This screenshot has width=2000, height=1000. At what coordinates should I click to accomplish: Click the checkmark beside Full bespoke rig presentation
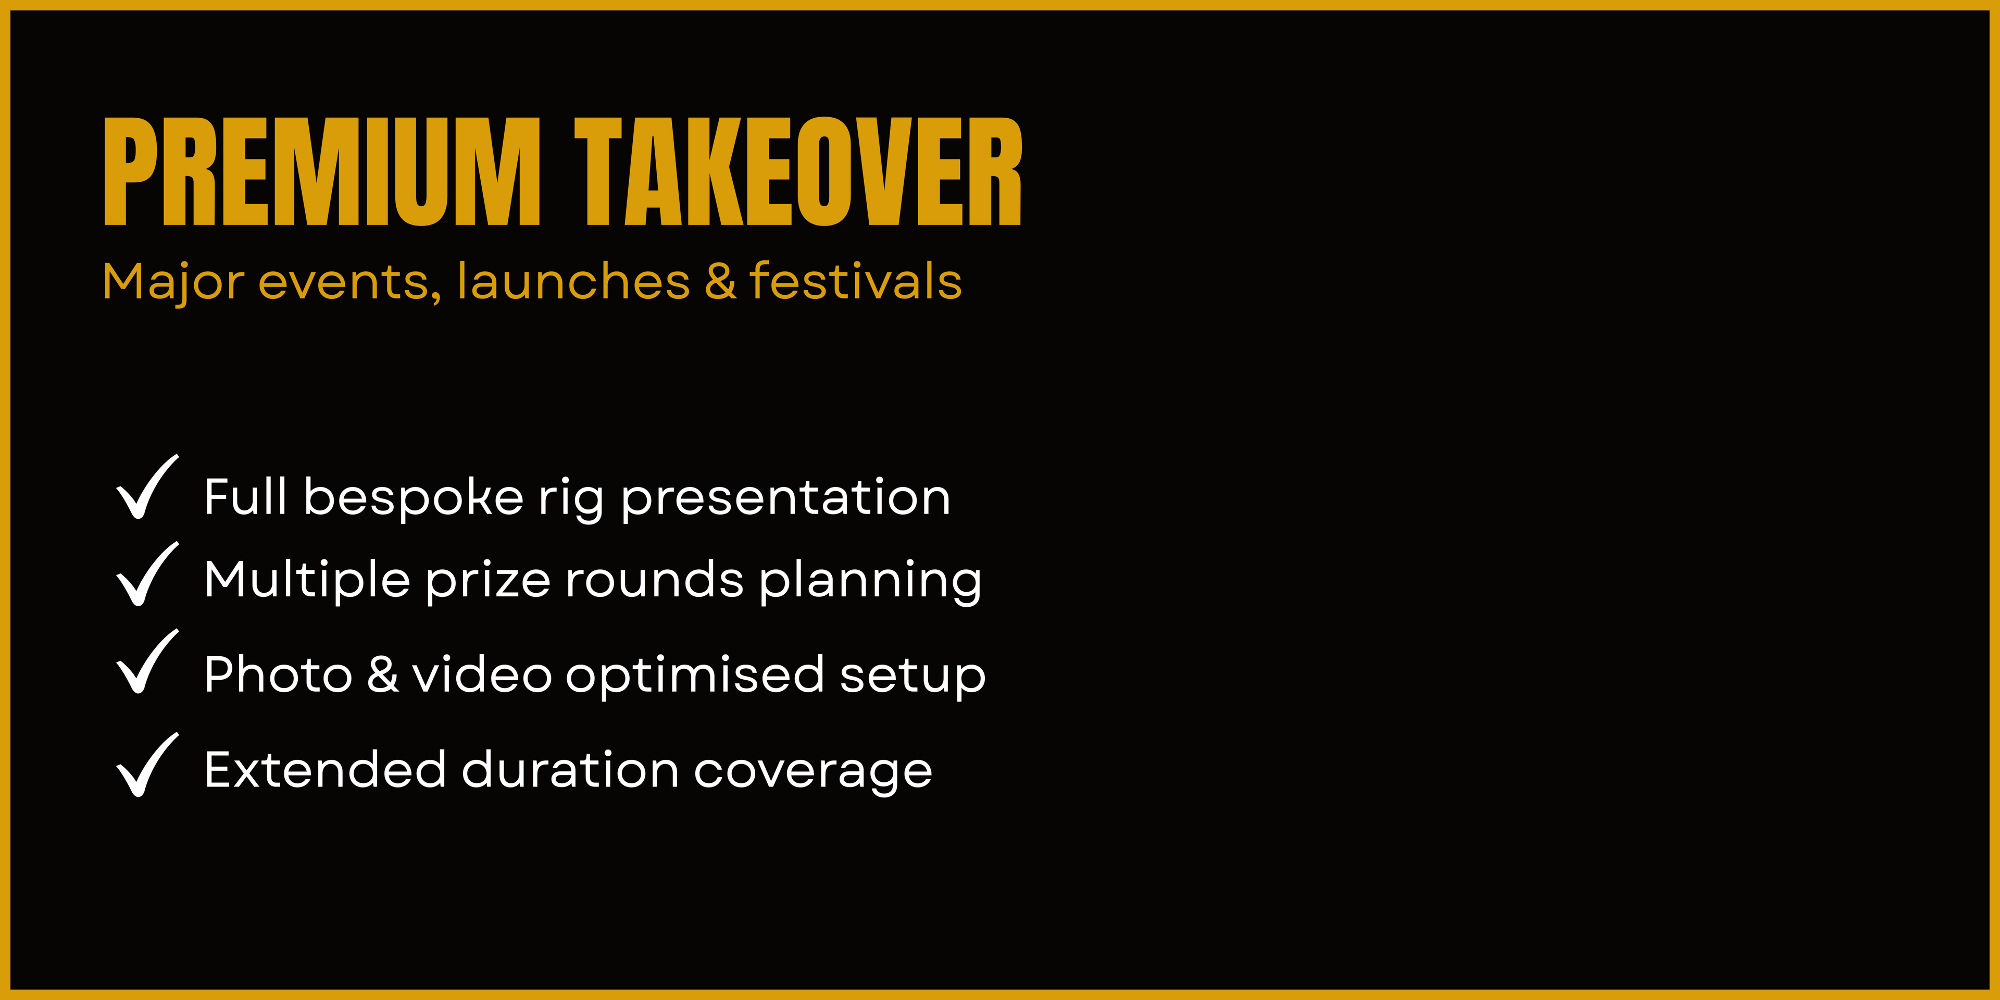pos(147,487)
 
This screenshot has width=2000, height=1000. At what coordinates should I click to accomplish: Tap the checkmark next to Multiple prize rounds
pos(147,574)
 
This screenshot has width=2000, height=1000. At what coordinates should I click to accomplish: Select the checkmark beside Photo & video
pos(147,661)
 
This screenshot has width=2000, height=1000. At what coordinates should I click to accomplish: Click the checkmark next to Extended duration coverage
pos(147,765)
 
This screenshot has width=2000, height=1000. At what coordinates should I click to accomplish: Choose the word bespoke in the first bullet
pos(413,498)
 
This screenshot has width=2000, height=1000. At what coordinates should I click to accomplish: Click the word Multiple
pos(307,581)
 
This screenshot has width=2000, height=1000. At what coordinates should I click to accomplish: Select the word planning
pos(870,581)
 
